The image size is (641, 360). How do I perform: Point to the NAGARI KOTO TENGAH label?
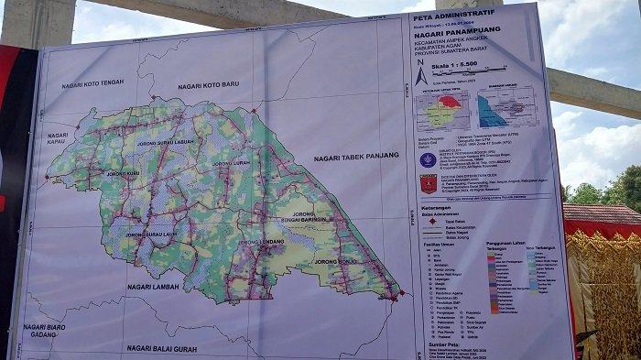(x=92, y=84)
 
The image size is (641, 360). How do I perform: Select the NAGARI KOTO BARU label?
(x=209, y=84)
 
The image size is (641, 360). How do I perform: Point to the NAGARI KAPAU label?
(x=52, y=139)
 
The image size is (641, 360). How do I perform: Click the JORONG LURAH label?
(x=231, y=163)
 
